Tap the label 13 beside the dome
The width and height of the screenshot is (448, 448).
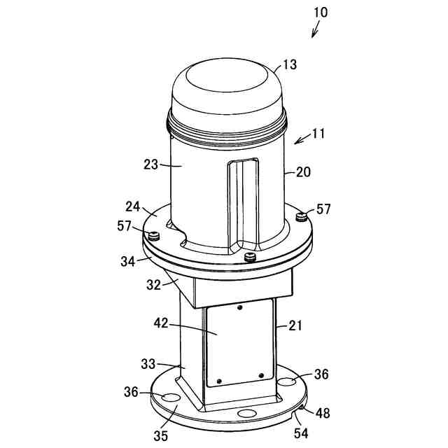[x=288, y=65]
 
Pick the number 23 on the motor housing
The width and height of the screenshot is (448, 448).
[x=151, y=165]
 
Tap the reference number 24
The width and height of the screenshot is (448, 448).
[x=134, y=208]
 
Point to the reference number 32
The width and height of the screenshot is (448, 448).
[x=153, y=284]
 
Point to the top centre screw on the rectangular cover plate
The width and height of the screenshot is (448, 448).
[x=239, y=307]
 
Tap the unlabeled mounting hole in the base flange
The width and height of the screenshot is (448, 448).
[x=246, y=414]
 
